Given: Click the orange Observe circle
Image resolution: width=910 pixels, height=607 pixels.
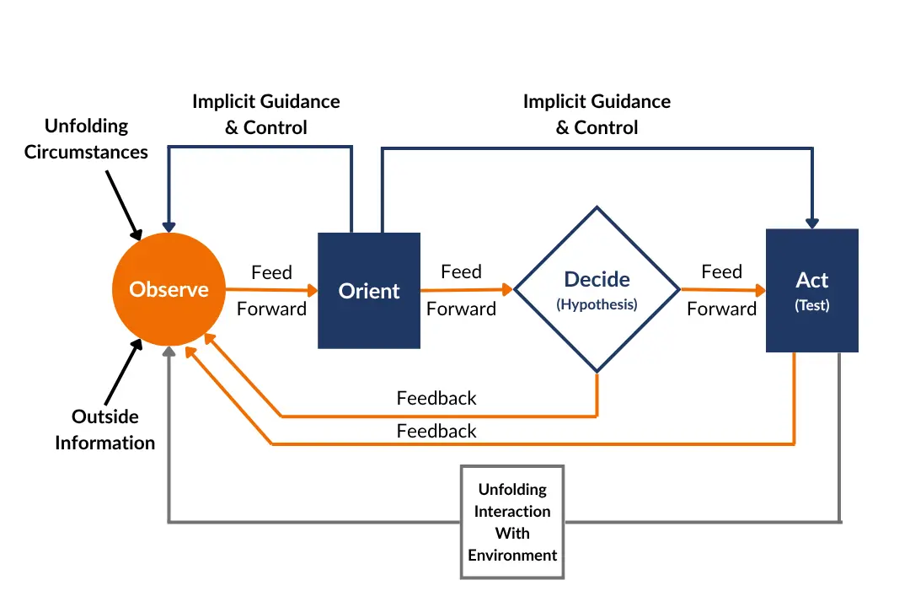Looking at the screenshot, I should [x=169, y=289].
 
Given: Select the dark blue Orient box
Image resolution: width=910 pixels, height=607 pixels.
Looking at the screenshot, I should [x=369, y=290].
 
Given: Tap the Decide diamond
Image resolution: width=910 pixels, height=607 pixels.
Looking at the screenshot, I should [x=597, y=289].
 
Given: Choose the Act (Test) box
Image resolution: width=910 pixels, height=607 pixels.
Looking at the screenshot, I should [x=811, y=290].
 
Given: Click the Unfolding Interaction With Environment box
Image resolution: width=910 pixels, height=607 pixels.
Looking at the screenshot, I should [x=512, y=522].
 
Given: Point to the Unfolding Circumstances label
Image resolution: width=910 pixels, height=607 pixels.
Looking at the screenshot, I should [x=86, y=139].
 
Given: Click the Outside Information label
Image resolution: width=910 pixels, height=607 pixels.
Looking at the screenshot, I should [x=105, y=429].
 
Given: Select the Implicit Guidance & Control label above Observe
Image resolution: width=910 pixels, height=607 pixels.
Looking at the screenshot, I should [x=266, y=115].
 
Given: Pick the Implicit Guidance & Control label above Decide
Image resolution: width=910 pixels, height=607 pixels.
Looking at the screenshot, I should [x=597, y=115].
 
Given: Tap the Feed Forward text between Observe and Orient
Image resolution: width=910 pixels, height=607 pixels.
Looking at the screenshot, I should [x=271, y=291].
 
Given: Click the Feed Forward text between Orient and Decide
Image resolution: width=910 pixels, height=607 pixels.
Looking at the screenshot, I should [x=461, y=290].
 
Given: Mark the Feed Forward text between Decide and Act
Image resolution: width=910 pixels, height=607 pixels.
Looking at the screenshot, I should [x=721, y=290].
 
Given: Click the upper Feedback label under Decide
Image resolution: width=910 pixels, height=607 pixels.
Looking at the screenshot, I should [x=436, y=398].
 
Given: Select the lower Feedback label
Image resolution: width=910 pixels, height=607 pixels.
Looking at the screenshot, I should [x=436, y=431].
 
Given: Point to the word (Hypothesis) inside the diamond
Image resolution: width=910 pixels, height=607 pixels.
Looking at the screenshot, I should [x=597, y=305].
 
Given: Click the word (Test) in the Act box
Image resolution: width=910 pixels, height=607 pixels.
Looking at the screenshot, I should [x=811, y=305].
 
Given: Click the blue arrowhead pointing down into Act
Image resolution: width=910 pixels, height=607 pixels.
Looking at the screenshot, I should [x=812, y=223].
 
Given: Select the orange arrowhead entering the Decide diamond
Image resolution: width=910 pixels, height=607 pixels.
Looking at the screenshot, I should [x=507, y=289].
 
